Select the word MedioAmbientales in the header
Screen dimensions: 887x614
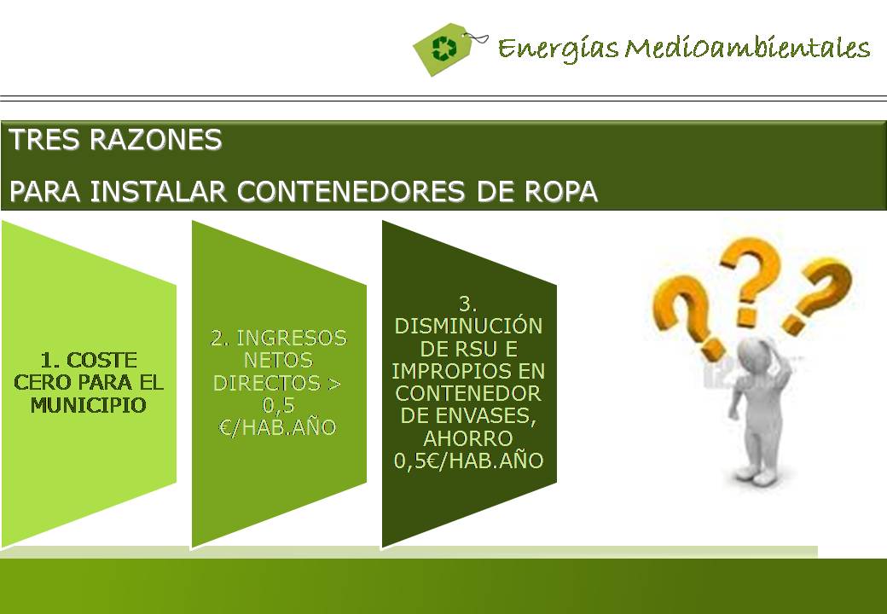(748, 48)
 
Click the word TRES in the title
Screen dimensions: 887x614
(44, 140)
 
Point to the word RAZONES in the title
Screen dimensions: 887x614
(155, 140)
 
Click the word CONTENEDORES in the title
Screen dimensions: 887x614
(351, 192)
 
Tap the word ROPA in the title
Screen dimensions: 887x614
(561, 192)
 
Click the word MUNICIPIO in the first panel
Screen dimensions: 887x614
(88, 405)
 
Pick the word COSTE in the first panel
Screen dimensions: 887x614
(102, 360)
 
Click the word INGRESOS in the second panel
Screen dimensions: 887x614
(292, 338)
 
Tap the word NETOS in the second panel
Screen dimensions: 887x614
(278, 360)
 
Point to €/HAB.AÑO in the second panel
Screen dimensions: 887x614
(277, 427)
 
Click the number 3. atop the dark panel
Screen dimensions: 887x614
(468, 304)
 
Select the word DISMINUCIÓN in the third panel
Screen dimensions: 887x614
(468, 327)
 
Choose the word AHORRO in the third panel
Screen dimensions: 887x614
(468, 438)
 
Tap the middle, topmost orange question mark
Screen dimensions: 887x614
(751, 281)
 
